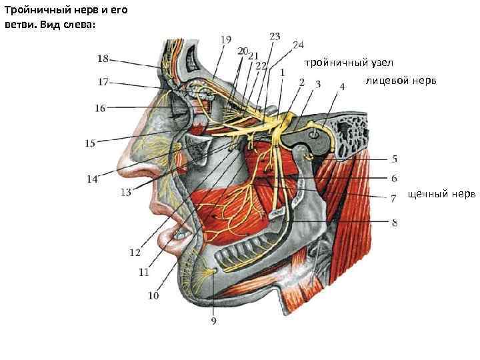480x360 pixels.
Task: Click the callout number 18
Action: pyautogui.click(x=103, y=59)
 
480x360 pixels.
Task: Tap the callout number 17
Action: pyautogui.click(x=103, y=83)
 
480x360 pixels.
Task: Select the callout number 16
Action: pyautogui.click(x=99, y=107)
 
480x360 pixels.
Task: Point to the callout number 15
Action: pyautogui.click(x=91, y=143)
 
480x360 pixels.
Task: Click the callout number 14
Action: pyautogui.click(x=92, y=178)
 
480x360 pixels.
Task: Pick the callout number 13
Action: pyautogui.click(x=126, y=193)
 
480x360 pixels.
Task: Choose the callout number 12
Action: pyautogui.click(x=135, y=252)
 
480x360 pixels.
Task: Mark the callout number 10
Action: pyautogui.click(x=153, y=295)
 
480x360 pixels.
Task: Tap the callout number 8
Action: pyautogui.click(x=394, y=223)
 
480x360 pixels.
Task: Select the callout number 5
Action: pyautogui.click(x=394, y=159)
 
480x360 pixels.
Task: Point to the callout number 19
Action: pyautogui.click(x=226, y=39)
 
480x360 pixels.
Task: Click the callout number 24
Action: pyautogui.click(x=297, y=45)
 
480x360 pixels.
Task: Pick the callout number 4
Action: pyautogui.click(x=342, y=86)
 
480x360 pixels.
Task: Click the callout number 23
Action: pyautogui.click(x=275, y=35)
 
